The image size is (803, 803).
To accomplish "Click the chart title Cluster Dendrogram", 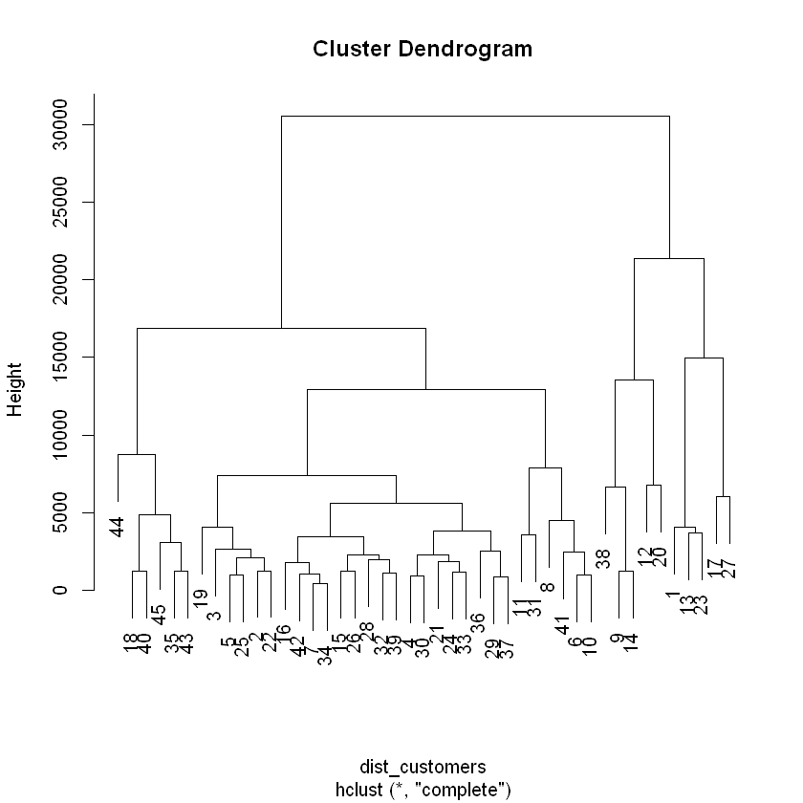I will (x=422, y=49).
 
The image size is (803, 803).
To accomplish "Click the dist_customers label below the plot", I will (x=422, y=767).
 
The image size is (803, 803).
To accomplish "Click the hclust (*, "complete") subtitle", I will (x=422, y=789).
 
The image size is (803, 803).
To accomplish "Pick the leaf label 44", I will (x=118, y=526).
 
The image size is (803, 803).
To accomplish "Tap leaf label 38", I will (x=603, y=559).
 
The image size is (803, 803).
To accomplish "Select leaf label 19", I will (x=201, y=599).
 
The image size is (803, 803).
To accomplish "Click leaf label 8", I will (x=548, y=587).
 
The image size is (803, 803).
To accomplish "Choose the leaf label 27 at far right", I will (x=729, y=569).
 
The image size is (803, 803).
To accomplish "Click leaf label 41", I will (x=563, y=624).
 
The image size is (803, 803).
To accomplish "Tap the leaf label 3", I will (x=215, y=615).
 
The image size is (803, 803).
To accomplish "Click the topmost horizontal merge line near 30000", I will (x=475, y=116).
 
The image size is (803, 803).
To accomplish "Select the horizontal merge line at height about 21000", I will (x=669, y=258).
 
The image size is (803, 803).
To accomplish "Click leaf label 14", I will (x=631, y=642).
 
